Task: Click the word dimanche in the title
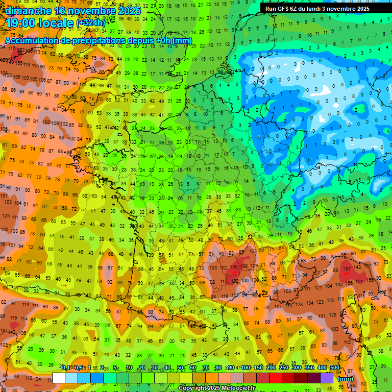pyautogui.click(x=28, y=10)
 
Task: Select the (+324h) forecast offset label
pyautogui.click(x=91, y=23)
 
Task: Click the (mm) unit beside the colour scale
pyautogui.click(x=346, y=379)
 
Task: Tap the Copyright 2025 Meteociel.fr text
pyautogui.click(x=216, y=388)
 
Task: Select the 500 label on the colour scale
pyautogui.click(x=335, y=367)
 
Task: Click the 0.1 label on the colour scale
pyautogui.click(x=66, y=367)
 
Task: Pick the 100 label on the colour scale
pyautogui.click(x=246, y=367)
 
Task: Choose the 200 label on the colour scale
pyautogui.click(x=271, y=367)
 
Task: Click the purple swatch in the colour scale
pyautogui.click(x=327, y=378)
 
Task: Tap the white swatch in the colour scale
pyautogui.click(x=59, y=378)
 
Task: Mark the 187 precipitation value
pyautogui.click(x=347, y=268)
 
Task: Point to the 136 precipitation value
pyautogui.click(x=234, y=267)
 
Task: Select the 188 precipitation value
pyautogui.click(x=245, y=267)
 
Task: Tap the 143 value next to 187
pyautogui.click(x=358, y=267)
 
